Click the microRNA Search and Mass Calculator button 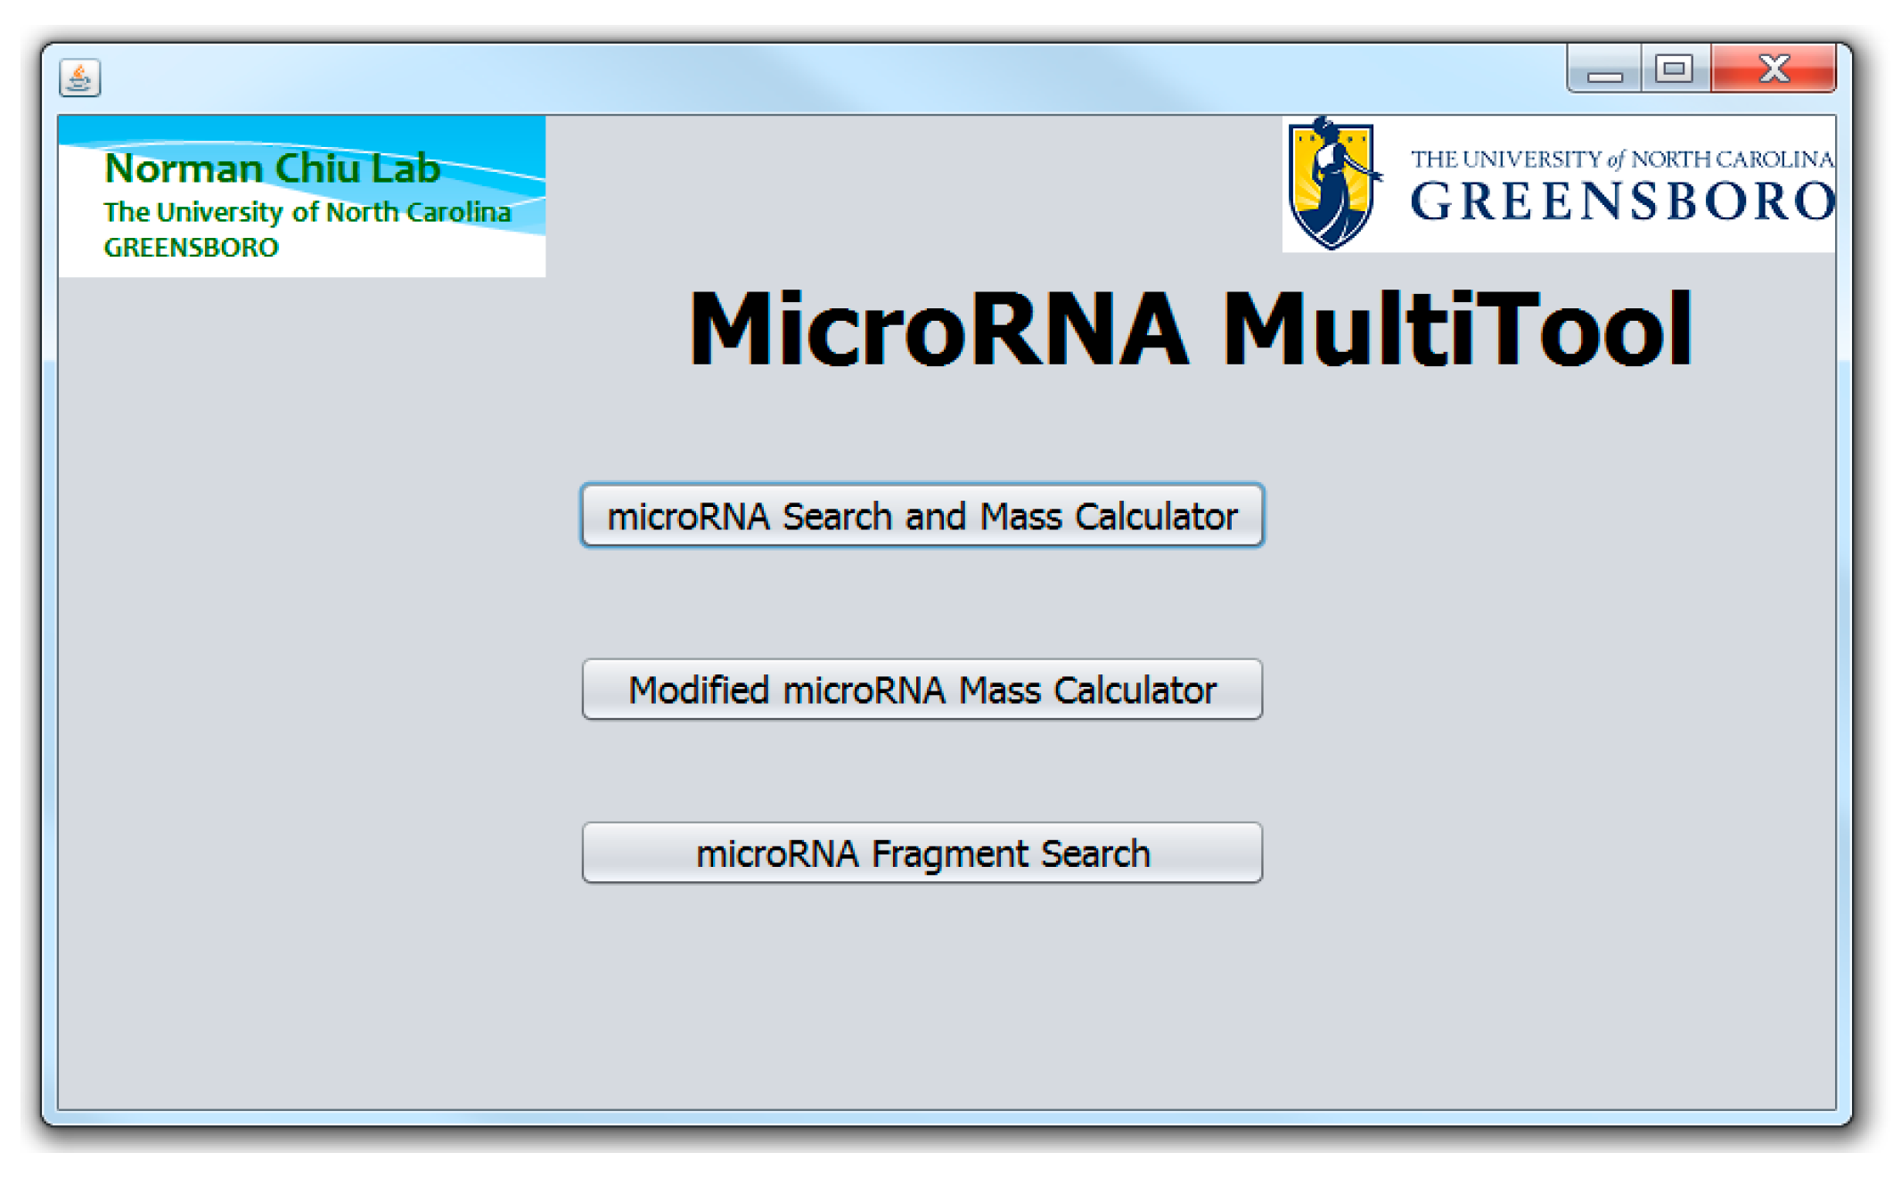pyautogui.click(x=922, y=516)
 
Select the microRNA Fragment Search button pyautogui.click(x=922, y=853)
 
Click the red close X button pyautogui.click(x=1773, y=69)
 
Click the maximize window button pyautogui.click(x=1674, y=69)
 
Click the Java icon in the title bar pyautogui.click(x=80, y=78)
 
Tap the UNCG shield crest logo pyautogui.click(x=1332, y=184)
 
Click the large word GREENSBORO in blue pyautogui.click(x=1622, y=201)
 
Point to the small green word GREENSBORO pyautogui.click(x=191, y=248)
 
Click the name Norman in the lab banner pyautogui.click(x=183, y=168)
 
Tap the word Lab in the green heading pyautogui.click(x=406, y=168)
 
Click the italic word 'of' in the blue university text pyautogui.click(x=1616, y=160)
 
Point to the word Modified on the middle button pyautogui.click(x=698, y=690)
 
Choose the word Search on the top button pyautogui.click(x=837, y=517)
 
